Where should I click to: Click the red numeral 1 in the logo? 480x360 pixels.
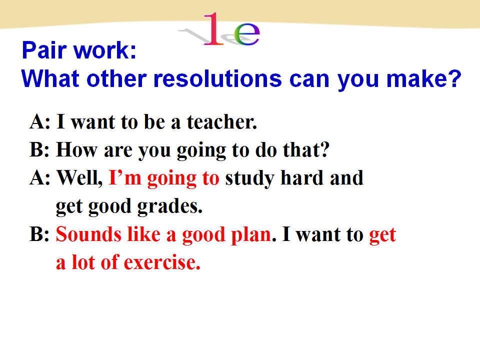tap(213, 29)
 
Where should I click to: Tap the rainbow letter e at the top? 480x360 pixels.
tap(246, 33)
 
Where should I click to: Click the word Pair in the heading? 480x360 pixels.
tap(44, 50)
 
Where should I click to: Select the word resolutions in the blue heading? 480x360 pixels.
tap(217, 78)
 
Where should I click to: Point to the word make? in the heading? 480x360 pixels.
tap(423, 78)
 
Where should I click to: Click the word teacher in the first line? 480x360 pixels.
tap(222, 122)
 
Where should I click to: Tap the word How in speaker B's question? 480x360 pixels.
tap(76, 149)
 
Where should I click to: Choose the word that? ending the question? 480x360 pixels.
tap(306, 149)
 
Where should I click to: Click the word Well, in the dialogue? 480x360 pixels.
tap(80, 178)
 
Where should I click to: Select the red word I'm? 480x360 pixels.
tap(125, 178)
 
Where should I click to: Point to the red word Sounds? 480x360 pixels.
tap(89, 234)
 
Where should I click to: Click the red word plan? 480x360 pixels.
tap(251, 235)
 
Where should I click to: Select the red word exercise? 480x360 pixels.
tap(162, 262)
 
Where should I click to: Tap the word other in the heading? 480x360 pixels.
tap(116, 78)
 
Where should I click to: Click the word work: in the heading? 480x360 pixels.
tap(105, 50)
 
